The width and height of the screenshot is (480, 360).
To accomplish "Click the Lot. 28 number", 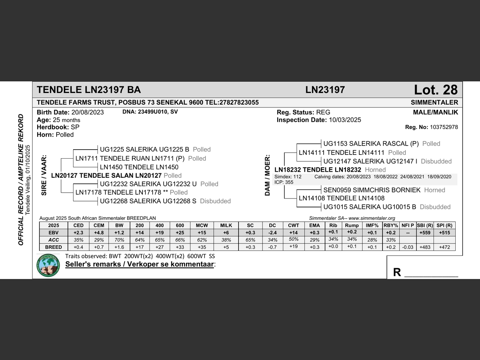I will pyautogui.click(x=435, y=90).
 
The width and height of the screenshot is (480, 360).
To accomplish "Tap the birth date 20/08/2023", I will pyautogui.click(x=87, y=112).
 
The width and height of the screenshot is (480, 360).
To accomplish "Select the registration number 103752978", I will pyautogui.click(x=444, y=127).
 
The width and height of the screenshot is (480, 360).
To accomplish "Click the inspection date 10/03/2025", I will pyautogui.click(x=345, y=120).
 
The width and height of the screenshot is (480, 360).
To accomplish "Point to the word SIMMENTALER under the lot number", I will pyautogui.click(x=434, y=102).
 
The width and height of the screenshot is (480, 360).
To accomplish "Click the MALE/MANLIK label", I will pyautogui.click(x=435, y=112).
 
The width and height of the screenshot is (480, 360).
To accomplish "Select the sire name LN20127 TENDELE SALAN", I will pyautogui.click(x=106, y=175).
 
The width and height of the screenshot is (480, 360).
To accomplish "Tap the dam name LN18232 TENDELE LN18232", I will pyautogui.click(x=318, y=170).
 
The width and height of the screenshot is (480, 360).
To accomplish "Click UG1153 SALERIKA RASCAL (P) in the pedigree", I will pyautogui.click(x=371, y=144).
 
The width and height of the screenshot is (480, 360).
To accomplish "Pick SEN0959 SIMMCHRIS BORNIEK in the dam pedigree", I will pyautogui.click(x=372, y=190).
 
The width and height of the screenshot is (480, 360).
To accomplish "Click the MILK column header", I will pyautogui.click(x=226, y=225).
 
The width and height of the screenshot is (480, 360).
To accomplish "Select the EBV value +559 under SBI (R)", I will pyautogui.click(x=425, y=232).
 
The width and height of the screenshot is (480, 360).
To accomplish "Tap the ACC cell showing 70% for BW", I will pyautogui.click(x=119, y=240).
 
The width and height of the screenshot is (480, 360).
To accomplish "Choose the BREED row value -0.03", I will pyautogui.click(x=408, y=247).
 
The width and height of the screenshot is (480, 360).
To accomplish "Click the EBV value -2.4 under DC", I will pyautogui.click(x=272, y=232).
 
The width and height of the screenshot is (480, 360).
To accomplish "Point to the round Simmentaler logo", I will pyautogui.click(x=48, y=265).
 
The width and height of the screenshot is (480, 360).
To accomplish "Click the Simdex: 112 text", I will pyautogui.click(x=288, y=177).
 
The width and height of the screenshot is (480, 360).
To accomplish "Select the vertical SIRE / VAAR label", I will pyautogui.click(x=44, y=175).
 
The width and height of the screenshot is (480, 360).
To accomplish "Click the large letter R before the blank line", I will pyautogui.click(x=397, y=272).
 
